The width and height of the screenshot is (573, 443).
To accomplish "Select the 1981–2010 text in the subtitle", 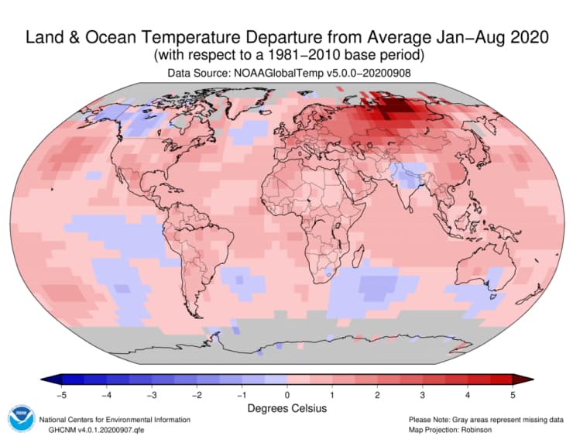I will coord(320,55).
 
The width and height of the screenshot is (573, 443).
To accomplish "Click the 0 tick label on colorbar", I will coord(287,395).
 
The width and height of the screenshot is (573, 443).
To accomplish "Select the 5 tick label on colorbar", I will coord(513,395).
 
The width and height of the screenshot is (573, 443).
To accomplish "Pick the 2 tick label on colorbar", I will coord(377,395).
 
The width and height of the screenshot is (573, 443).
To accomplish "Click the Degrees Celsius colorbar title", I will coord(286,408).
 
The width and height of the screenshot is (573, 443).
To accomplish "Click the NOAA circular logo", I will coord(22,419).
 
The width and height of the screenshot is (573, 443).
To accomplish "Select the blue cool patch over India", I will coord(405,177).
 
